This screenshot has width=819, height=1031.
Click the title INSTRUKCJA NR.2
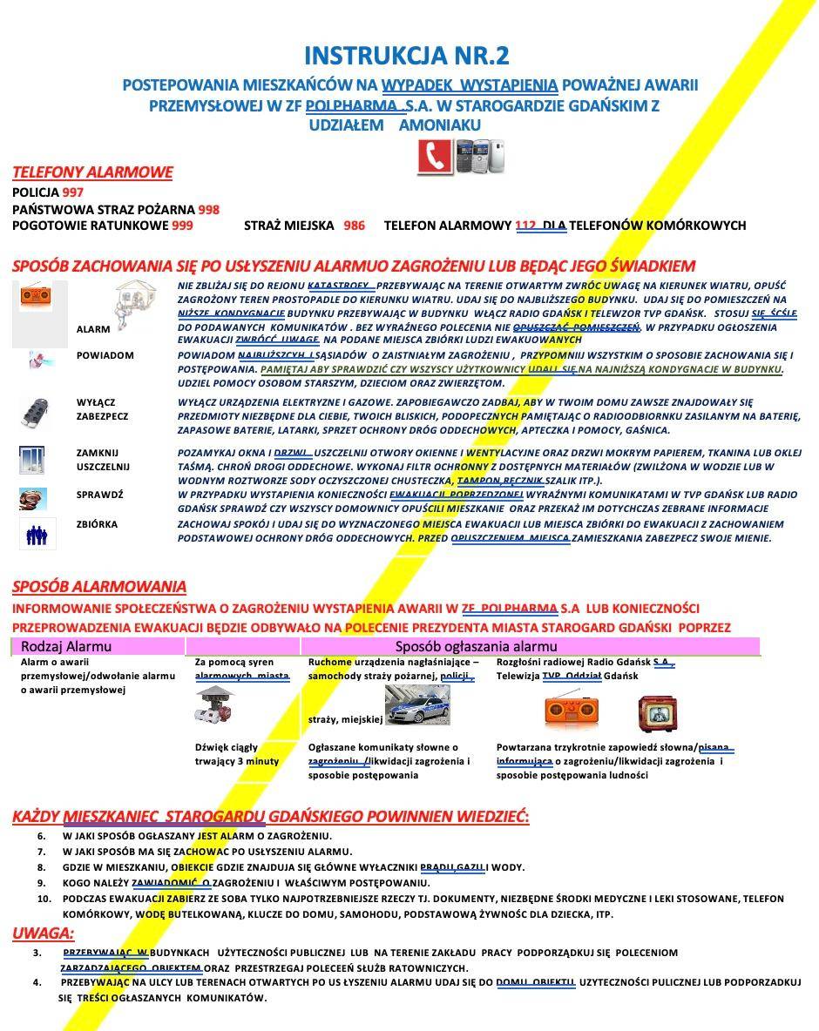click(x=407, y=56)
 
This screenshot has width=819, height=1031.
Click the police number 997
click(x=73, y=192)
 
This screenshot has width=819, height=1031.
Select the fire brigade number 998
click(x=209, y=209)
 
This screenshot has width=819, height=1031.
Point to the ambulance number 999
click(x=182, y=226)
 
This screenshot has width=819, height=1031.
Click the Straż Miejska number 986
click(x=355, y=226)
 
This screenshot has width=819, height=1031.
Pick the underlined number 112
click(x=525, y=226)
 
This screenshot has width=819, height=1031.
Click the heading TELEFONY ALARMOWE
click(x=92, y=172)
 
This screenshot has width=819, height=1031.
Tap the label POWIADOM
click(x=105, y=355)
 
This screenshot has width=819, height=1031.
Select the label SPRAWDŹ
click(x=100, y=495)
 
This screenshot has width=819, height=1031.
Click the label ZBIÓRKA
click(x=97, y=524)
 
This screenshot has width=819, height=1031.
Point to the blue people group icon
click(x=37, y=534)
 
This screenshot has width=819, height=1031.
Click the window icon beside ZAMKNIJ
click(x=32, y=459)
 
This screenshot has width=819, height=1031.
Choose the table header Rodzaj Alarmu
click(x=66, y=646)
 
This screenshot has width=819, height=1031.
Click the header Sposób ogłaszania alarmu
click(x=476, y=646)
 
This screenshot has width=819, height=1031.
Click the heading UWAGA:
click(x=43, y=933)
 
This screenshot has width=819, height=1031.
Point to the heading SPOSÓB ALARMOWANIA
click(x=99, y=587)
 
